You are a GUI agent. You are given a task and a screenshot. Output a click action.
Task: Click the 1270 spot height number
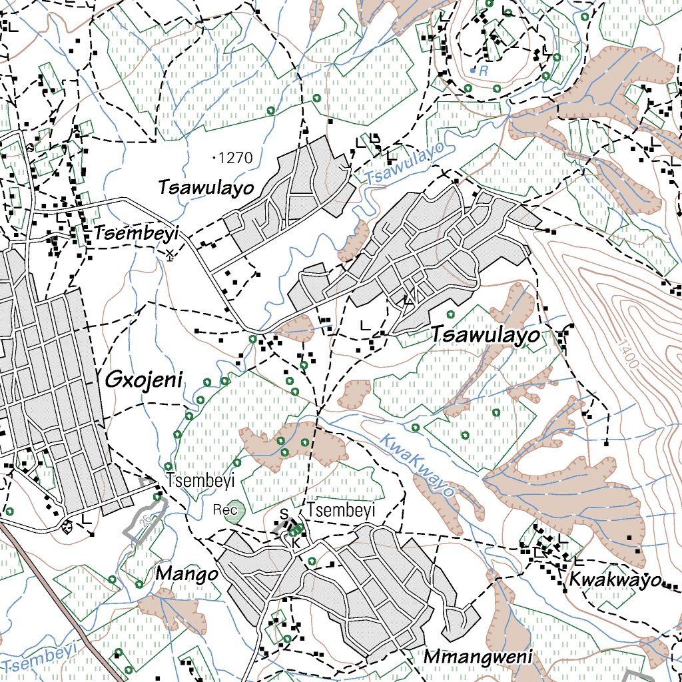coord(235,159)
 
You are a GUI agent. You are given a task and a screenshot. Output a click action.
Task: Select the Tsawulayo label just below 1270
coord(206,188)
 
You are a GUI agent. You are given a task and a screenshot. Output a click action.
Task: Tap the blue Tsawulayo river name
coord(404,165)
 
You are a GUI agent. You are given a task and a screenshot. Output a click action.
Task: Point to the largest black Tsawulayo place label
coord(486,336)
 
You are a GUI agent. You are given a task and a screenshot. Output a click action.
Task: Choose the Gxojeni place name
coord(144,380)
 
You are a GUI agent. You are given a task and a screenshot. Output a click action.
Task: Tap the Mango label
coord(186,574)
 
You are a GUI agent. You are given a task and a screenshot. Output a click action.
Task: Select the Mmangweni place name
coord(479,658)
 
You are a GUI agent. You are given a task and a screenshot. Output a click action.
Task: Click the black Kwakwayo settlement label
coord(613,579)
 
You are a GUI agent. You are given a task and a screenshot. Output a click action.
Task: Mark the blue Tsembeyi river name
coord(40,658)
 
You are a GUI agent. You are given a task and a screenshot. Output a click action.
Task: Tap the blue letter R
coord(484,70)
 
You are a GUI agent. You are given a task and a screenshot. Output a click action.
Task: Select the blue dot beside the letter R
coord(473,70)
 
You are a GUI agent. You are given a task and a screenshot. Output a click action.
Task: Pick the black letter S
coord(283,514)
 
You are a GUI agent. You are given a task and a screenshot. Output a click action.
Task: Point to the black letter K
coord(296,543)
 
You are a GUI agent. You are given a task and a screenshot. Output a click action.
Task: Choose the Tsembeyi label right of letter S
coord(341,511)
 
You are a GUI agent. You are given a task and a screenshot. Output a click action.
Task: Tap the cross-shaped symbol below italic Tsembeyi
coord(170,254)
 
